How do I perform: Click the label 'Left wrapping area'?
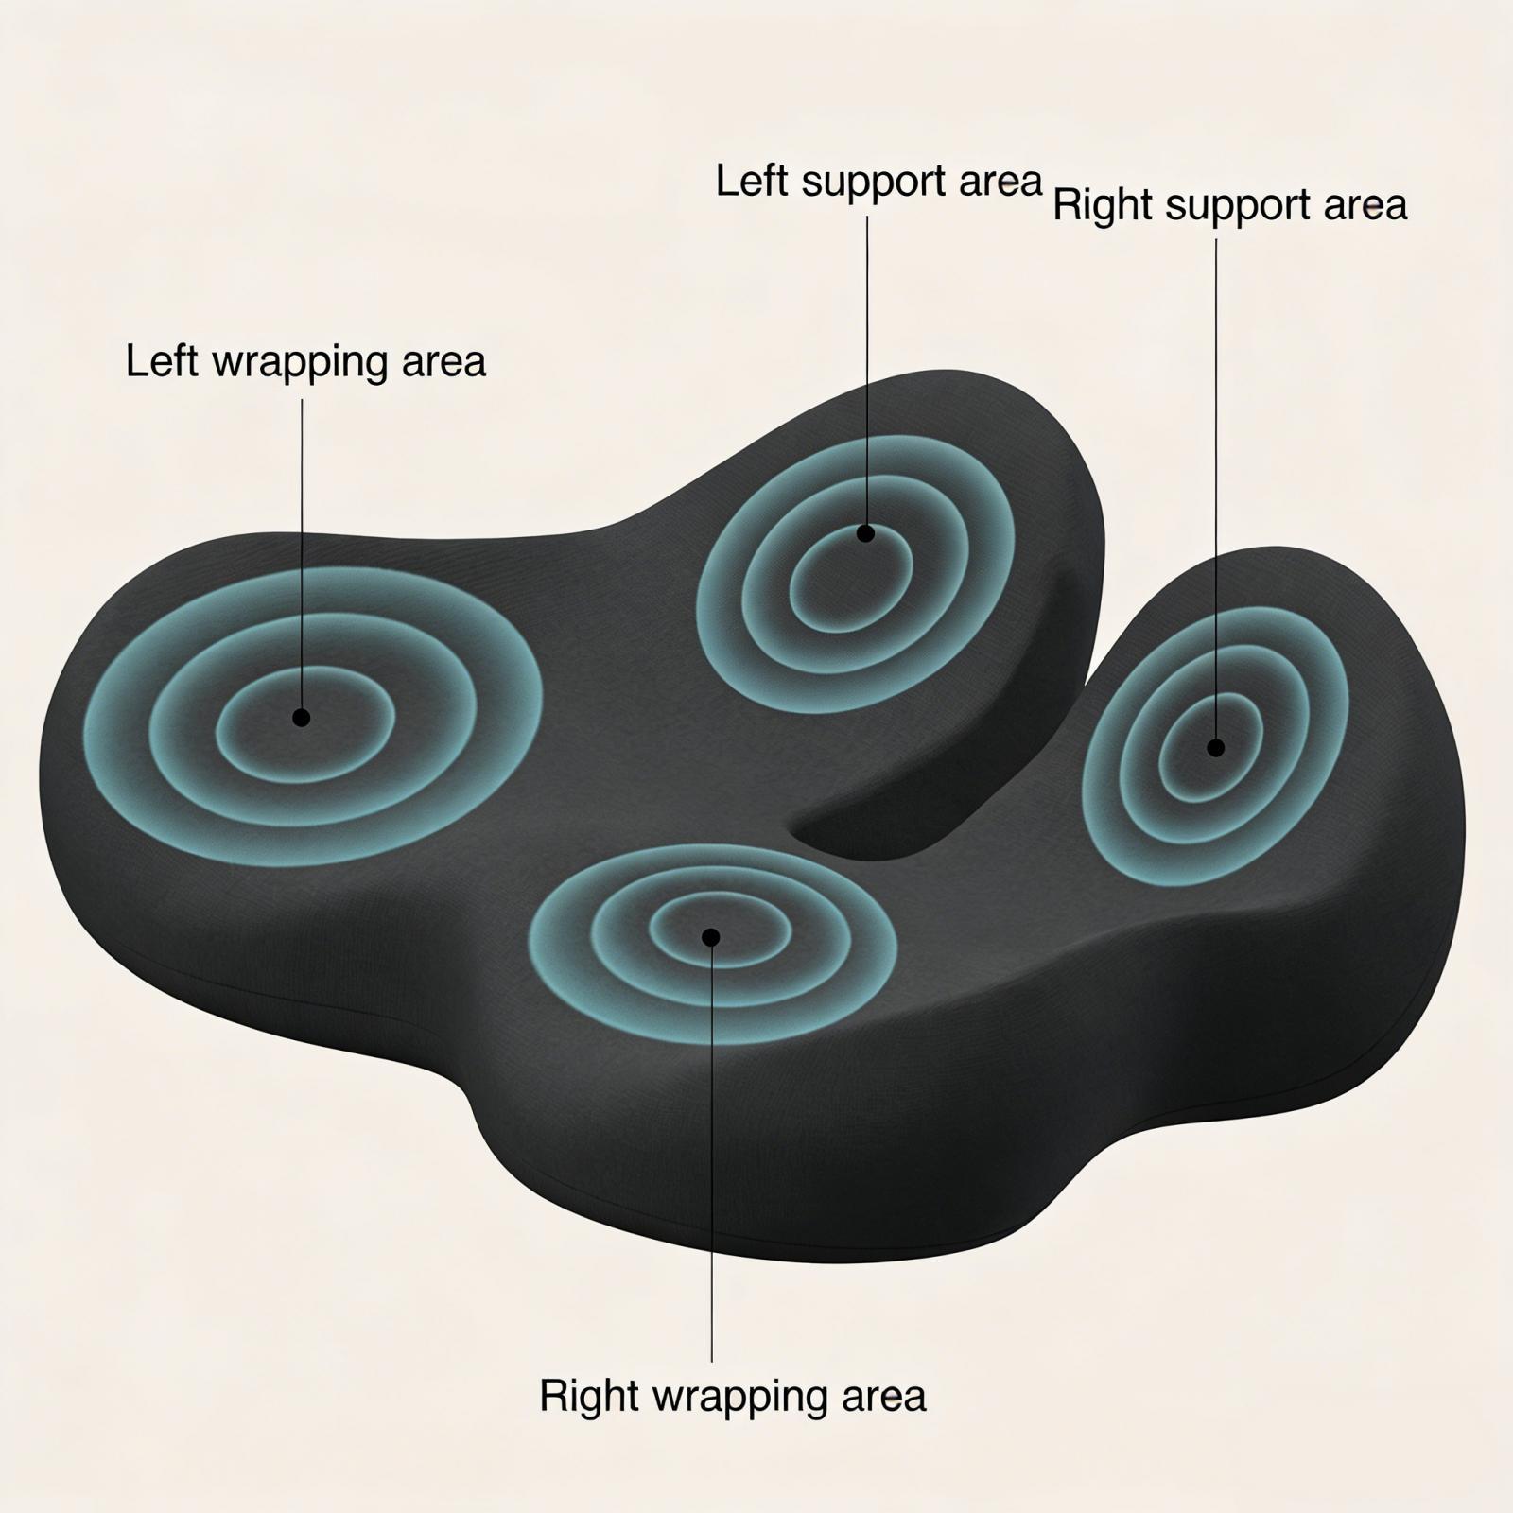pyautogui.click(x=305, y=362)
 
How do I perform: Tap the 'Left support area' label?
pyautogui.click(x=878, y=182)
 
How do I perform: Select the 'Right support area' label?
pyautogui.click(x=1230, y=205)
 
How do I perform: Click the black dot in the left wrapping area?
pyautogui.click(x=302, y=718)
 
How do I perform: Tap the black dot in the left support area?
pyautogui.click(x=865, y=533)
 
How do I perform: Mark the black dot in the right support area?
pyautogui.click(x=1216, y=748)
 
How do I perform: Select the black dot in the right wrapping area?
pyautogui.click(x=711, y=937)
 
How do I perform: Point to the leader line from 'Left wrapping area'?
pyautogui.click(x=303, y=548)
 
